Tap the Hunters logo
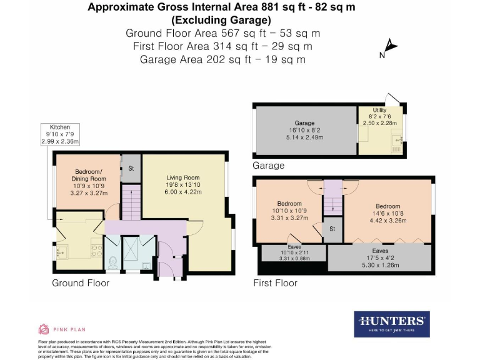[392, 323]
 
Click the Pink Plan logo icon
[44, 329]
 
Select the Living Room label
[182, 178]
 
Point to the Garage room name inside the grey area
[304, 123]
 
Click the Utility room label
[379, 110]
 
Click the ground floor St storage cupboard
[131, 169]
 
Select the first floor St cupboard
[332, 229]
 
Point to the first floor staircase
[333, 203]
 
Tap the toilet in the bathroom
[112, 262]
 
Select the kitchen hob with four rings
[97, 249]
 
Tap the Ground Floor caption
[81, 283]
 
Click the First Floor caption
[275, 283]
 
